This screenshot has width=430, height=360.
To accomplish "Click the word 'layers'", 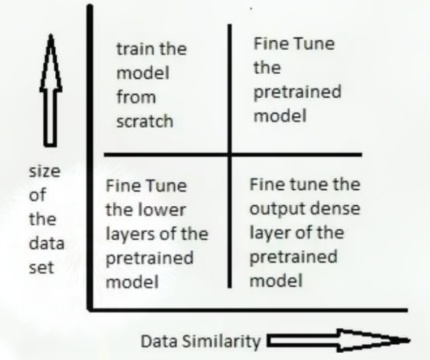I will click(x=129, y=235).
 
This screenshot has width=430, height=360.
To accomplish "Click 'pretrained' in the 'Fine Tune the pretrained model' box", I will click(x=297, y=93).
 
